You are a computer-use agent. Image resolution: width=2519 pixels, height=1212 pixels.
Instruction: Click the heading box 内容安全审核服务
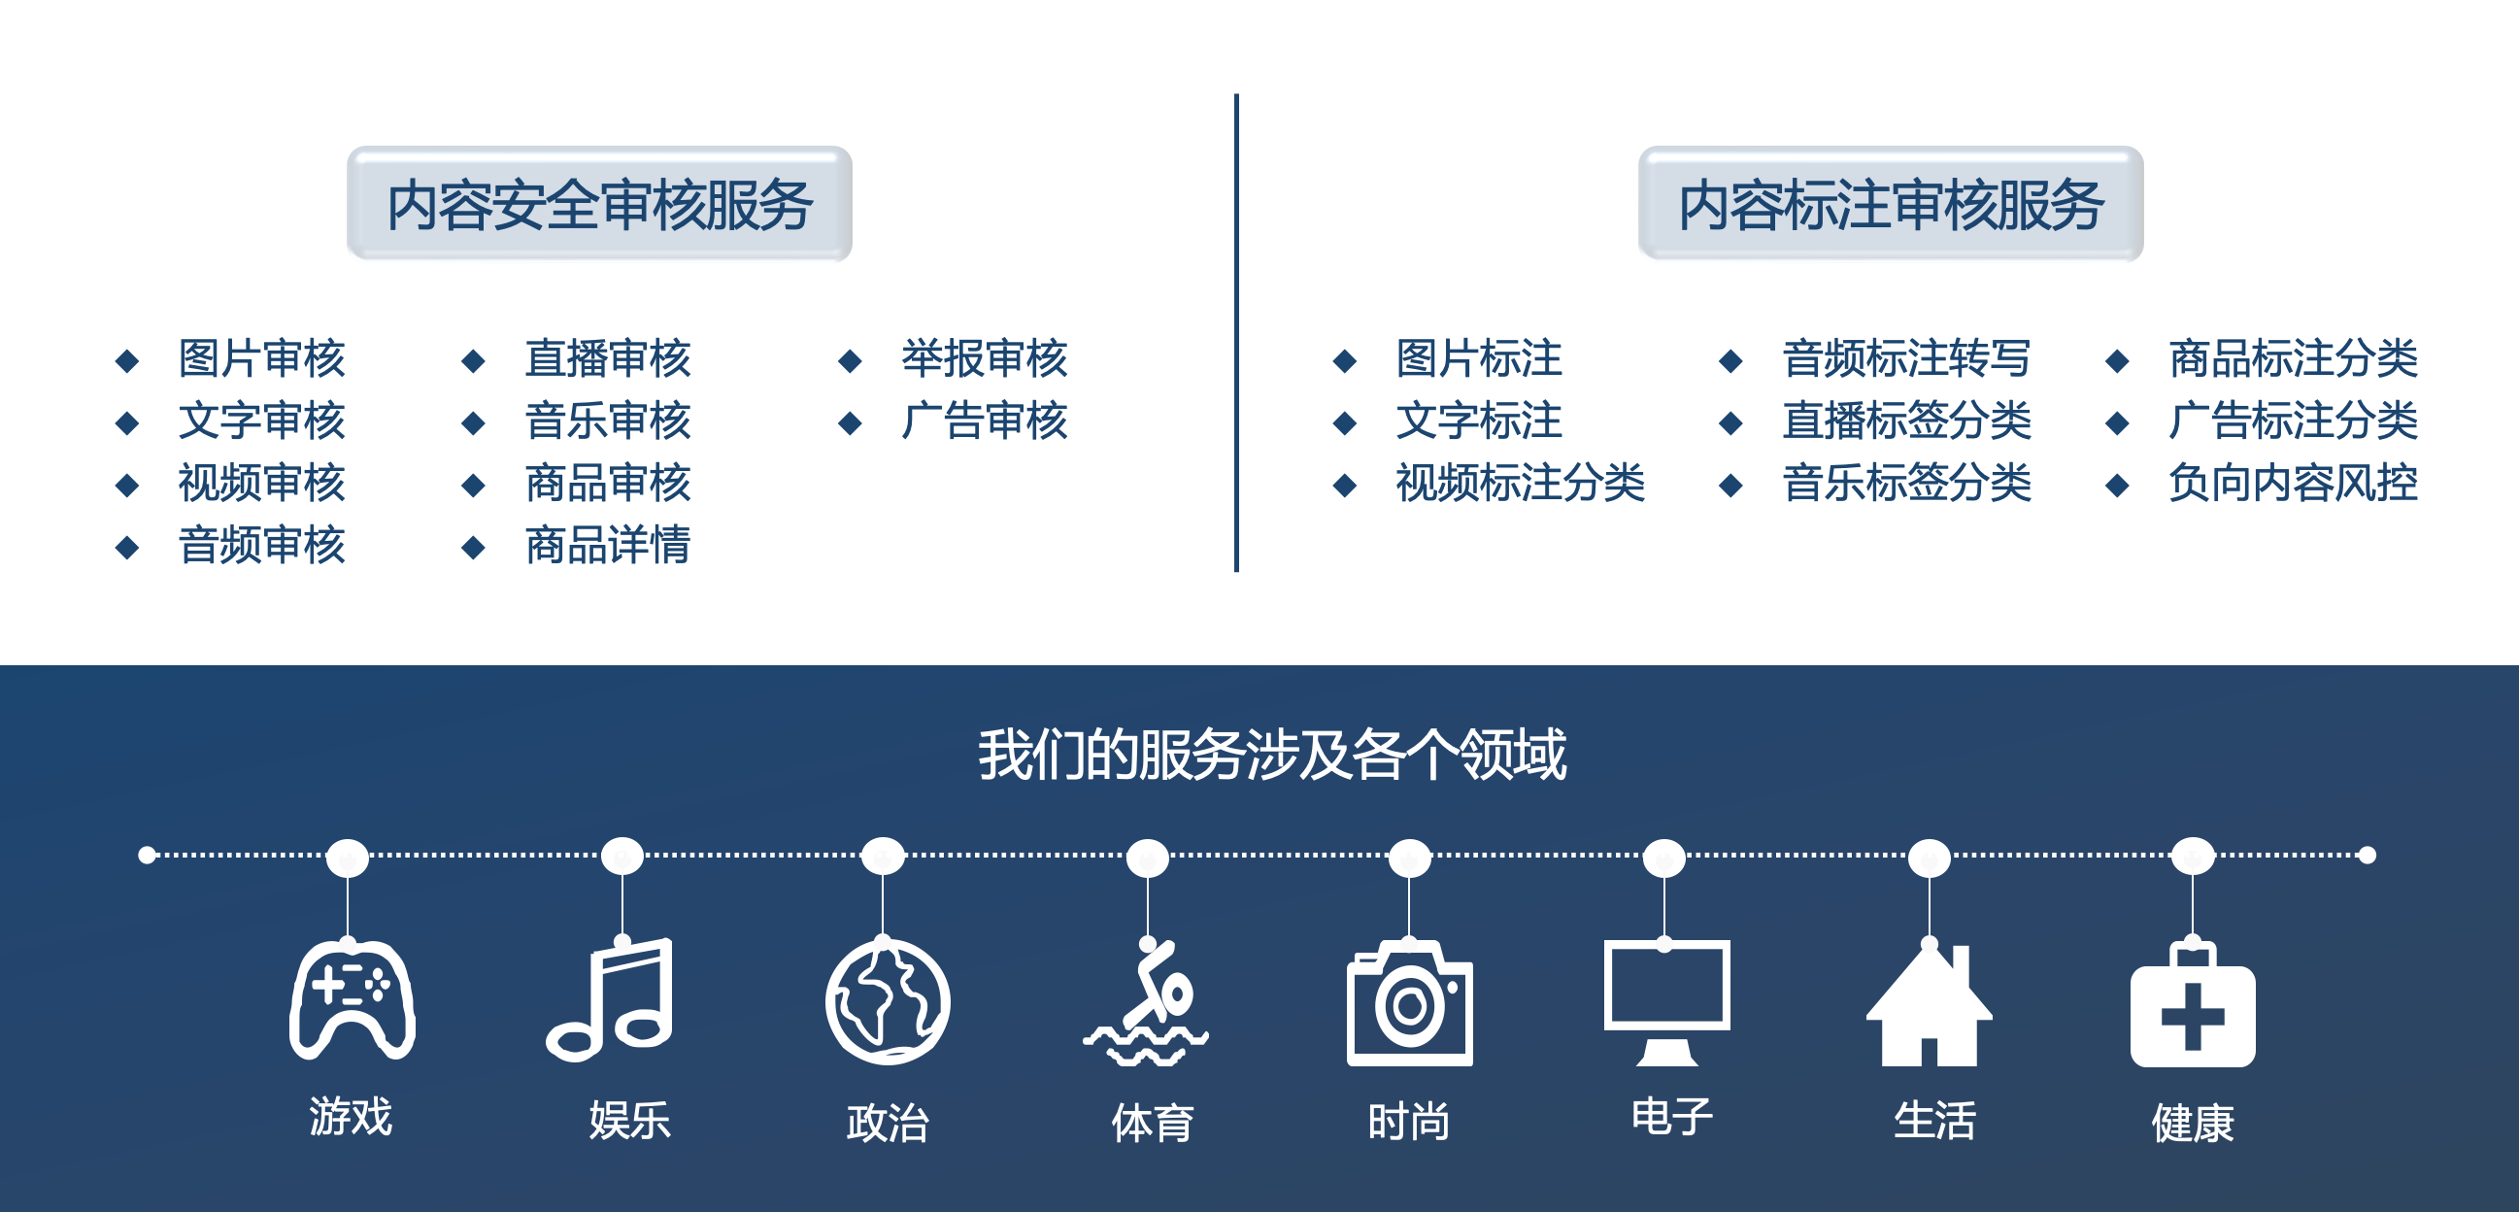pyautogui.click(x=599, y=204)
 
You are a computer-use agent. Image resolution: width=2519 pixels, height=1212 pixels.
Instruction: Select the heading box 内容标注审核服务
pyautogui.click(x=1892, y=204)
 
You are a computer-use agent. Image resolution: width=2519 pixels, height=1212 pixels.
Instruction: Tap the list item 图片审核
pyautogui.click(x=261, y=358)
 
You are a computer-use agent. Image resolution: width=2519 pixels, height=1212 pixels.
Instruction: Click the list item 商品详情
pyautogui.click(x=607, y=545)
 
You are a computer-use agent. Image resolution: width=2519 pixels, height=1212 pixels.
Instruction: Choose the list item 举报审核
pyautogui.click(x=984, y=358)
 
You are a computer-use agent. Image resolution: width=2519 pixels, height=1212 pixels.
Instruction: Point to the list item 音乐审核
pyautogui.click(x=607, y=421)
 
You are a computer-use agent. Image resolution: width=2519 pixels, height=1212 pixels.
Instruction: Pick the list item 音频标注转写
pyautogui.click(x=1906, y=358)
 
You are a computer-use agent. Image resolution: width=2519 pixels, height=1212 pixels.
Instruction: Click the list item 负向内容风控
pyautogui.click(x=2292, y=483)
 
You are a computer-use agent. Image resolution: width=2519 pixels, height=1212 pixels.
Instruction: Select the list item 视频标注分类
pyautogui.click(x=1520, y=483)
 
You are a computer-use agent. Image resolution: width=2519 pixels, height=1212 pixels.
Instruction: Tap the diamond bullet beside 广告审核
pyautogui.click(x=850, y=422)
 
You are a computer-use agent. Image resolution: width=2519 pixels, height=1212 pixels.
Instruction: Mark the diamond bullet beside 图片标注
pyautogui.click(x=1345, y=361)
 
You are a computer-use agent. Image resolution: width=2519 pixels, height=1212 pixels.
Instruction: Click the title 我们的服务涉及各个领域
pyautogui.click(x=1272, y=755)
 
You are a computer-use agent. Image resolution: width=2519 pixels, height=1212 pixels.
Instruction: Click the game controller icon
pyautogui.click(x=353, y=999)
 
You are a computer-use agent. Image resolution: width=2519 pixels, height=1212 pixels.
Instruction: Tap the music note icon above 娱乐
pyautogui.click(x=609, y=998)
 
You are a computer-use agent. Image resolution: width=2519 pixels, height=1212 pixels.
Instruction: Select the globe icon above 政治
pyautogui.click(x=887, y=1001)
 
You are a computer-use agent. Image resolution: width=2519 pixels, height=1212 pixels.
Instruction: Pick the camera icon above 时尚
pyautogui.click(x=1409, y=1003)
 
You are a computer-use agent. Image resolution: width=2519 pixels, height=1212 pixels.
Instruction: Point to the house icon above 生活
pyautogui.click(x=1929, y=1005)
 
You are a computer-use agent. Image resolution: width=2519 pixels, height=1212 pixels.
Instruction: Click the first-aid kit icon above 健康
pyautogui.click(x=2193, y=1005)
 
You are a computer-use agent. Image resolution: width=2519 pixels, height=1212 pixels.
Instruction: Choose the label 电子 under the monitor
pyautogui.click(x=1672, y=1116)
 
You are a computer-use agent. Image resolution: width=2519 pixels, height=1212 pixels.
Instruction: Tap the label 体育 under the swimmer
pyautogui.click(x=1152, y=1122)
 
